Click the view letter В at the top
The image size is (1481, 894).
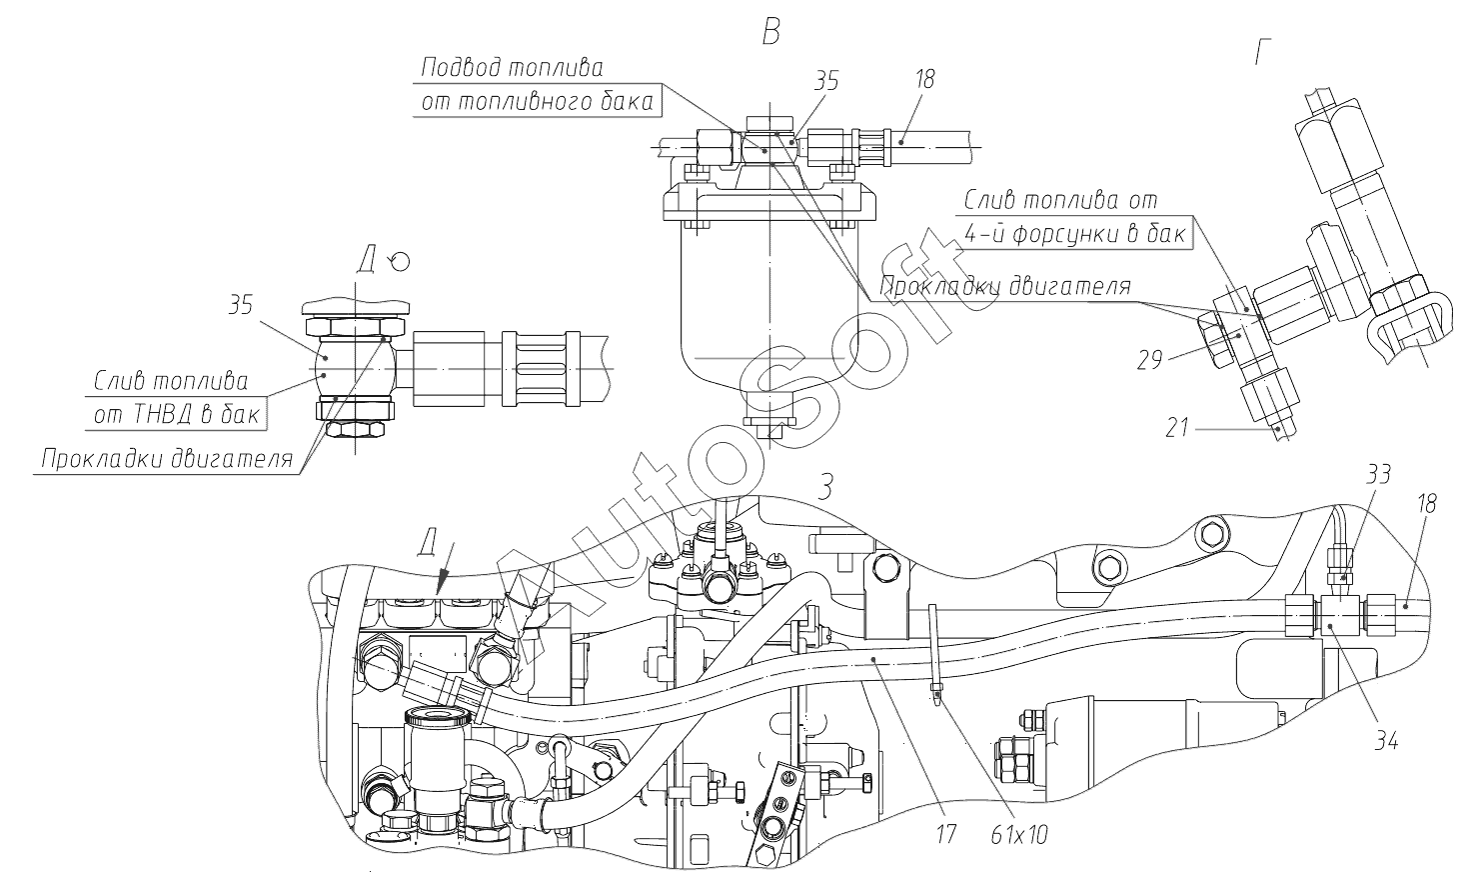[769, 33]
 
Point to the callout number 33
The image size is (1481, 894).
[1377, 474]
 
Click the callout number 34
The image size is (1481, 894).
[1384, 741]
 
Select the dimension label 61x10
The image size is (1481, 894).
[1019, 833]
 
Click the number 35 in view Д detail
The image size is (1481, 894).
[240, 306]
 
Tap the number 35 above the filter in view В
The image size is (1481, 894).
[826, 81]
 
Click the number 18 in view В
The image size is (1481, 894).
[924, 80]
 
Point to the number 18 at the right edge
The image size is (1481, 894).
[1426, 504]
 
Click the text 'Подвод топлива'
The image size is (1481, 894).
[512, 68]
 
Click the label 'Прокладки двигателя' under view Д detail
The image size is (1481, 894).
[167, 460]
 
